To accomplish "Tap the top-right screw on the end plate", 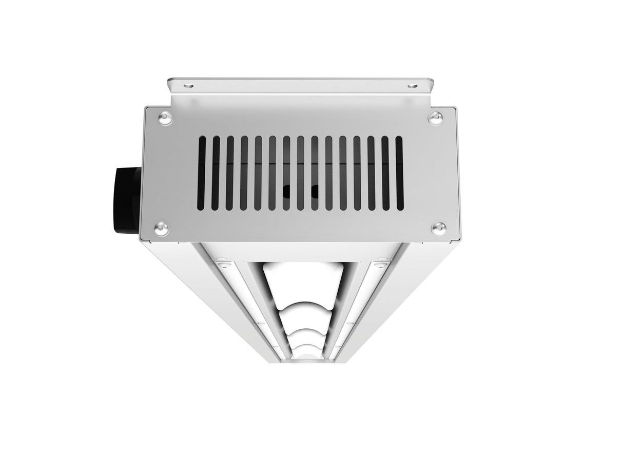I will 436,117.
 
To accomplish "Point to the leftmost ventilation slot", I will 202,173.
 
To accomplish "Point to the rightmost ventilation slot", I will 399,173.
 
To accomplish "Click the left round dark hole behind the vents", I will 287,191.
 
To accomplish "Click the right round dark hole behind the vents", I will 314,191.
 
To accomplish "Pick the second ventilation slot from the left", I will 216,173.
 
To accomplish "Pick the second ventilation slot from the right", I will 385,173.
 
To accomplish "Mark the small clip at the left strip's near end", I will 222,265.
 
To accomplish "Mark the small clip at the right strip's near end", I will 380,265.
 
